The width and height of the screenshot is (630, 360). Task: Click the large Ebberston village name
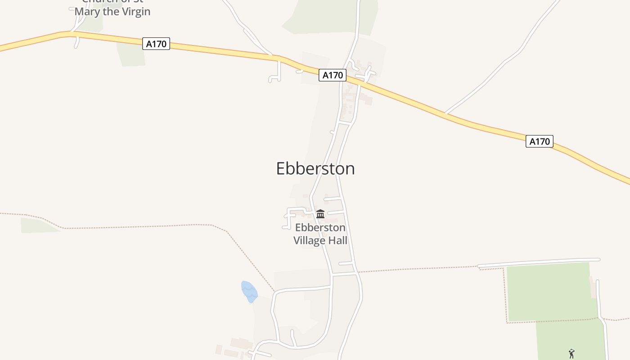point(315,168)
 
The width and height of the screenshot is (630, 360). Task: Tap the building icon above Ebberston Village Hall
point(320,214)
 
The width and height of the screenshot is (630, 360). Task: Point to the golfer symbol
point(571,354)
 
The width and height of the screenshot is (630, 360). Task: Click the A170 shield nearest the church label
point(156,44)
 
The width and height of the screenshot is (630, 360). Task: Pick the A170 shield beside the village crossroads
point(333,75)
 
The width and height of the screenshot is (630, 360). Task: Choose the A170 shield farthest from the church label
point(539,141)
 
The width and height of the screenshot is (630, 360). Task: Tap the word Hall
point(338,241)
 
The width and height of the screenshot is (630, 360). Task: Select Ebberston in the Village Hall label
point(320,228)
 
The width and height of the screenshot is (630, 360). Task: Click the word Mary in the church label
point(87,11)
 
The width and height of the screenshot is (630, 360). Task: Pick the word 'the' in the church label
point(111,11)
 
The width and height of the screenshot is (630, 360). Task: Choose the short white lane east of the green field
point(598,297)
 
